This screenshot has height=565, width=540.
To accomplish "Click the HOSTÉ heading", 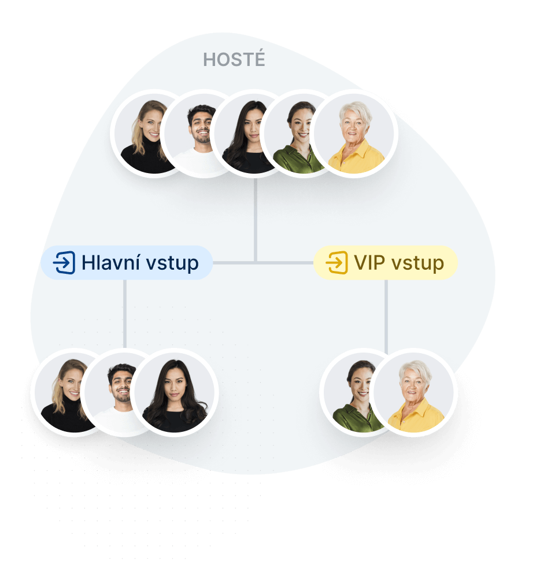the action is pyautogui.click(x=234, y=60).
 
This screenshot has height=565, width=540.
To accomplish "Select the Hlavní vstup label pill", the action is pyautogui.click(x=127, y=263).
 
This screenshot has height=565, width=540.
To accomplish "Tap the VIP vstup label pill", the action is pyautogui.click(x=386, y=263).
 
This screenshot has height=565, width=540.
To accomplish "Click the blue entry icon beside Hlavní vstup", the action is pyautogui.click(x=64, y=263).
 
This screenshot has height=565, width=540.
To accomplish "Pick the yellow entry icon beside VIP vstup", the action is pyautogui.click(x=337, y=263).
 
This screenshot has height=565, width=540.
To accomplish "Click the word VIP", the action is pyautogui.click(x=369, y=262).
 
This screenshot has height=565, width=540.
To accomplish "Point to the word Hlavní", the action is pyautogui.click(x=110, y=262).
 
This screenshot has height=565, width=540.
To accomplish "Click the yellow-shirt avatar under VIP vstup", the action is pyautogui.click(x=414, y=392).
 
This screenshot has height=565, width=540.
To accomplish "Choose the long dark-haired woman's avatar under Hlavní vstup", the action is pyautogui.click(x=175, y=392).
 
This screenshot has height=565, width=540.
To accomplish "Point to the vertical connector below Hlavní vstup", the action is pyautogui.click(x=125, y=314).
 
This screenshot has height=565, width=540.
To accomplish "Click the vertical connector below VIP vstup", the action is pyautogui.click(x=386, y=316).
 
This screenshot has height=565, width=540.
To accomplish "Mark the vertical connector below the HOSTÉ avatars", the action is pyautogui.click(x=256, y=220).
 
